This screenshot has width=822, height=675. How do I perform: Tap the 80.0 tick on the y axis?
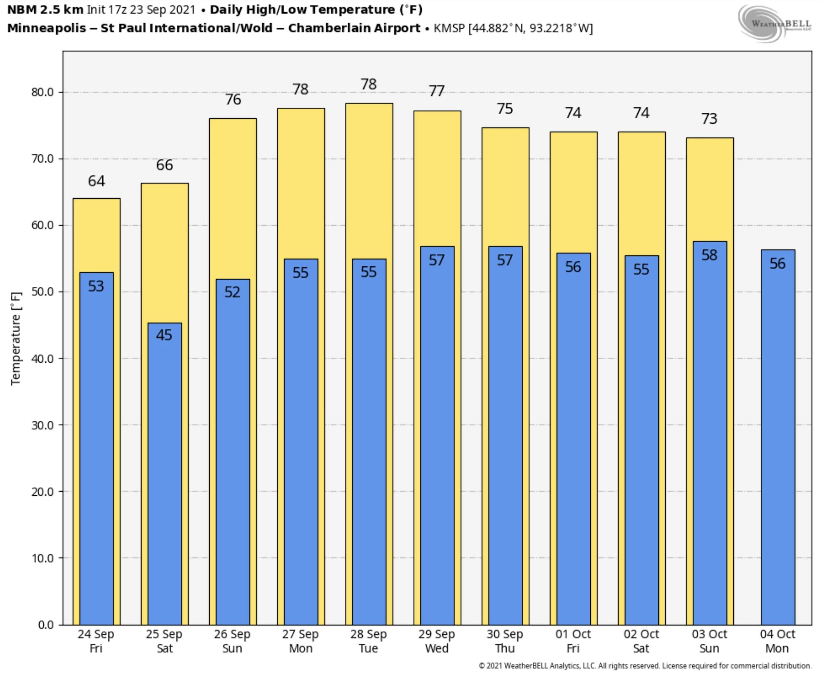click(42, 92)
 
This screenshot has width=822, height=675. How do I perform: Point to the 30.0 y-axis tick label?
click(42, 425)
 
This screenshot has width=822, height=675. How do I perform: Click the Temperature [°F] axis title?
click(16, 338)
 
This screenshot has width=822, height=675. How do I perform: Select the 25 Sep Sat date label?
click(164, 641)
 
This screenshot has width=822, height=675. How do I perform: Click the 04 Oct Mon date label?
click(777, 641)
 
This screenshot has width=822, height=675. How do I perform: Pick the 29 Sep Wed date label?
click(436, 641)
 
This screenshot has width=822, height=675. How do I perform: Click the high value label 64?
click(96, 181)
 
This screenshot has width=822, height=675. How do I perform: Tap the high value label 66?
click(164, 165)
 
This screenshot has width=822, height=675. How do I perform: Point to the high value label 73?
click(709, 119)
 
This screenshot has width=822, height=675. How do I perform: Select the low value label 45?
click(164, 335)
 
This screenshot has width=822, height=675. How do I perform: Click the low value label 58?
click(709, 255)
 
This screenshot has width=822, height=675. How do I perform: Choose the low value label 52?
click(233, 292)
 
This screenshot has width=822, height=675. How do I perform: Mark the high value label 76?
click(233, 100)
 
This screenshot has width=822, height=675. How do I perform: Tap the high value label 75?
click(505, 109)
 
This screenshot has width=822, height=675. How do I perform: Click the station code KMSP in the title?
click(449, 29)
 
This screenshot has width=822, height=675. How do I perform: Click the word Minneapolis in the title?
click(47, 29)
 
